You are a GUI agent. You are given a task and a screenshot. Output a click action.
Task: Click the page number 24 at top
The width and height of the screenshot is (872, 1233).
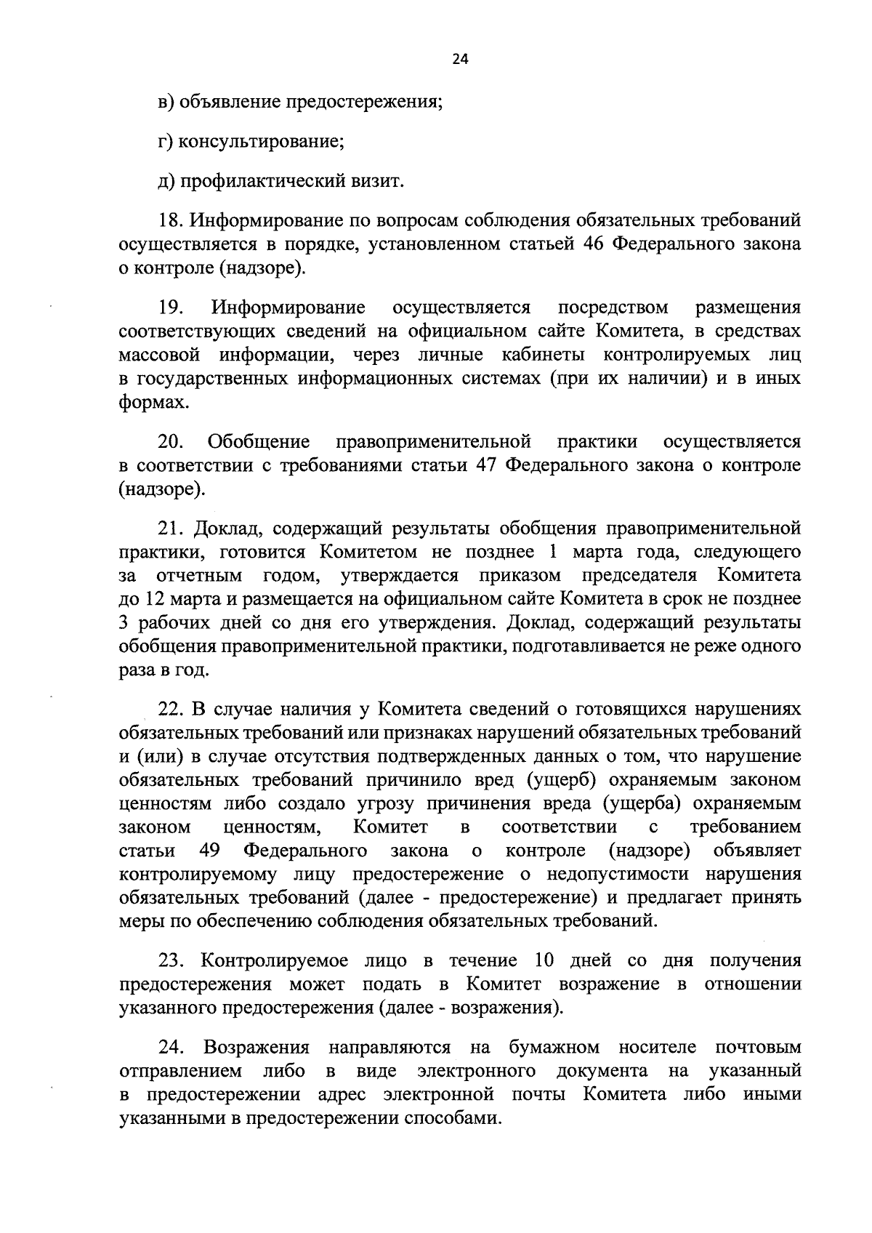tap(460, 61)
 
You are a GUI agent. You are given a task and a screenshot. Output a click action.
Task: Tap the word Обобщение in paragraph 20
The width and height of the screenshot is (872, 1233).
tap(259, 442)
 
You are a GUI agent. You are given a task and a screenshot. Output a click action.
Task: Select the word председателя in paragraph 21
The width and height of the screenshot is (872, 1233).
tap(639, 576)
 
